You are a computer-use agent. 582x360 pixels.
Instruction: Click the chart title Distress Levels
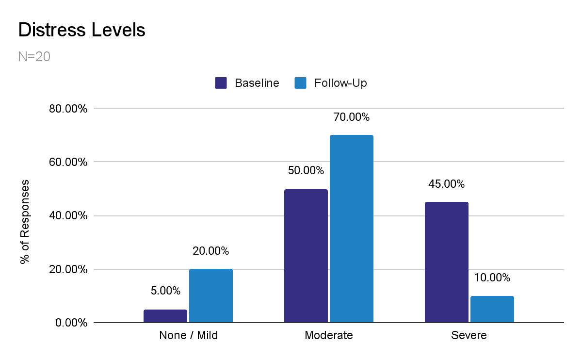(x=81, y=31)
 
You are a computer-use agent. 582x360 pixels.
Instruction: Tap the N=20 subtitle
(x=34, y=57)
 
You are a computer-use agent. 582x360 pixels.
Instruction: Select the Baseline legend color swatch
(x=221, y=83)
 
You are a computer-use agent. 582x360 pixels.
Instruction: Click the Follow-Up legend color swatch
(x=301, y=83)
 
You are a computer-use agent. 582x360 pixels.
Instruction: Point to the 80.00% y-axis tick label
(x=68, y=109)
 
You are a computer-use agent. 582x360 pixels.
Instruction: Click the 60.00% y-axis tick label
(x=68, y=162)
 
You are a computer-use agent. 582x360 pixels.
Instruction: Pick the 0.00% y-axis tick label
(x=71, y=323)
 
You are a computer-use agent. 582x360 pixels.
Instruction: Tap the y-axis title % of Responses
(x=25, y=222)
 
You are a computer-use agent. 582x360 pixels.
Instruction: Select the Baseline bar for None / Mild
(x=165, y=316)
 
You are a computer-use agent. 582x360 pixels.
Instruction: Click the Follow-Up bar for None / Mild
(x=211, y=295)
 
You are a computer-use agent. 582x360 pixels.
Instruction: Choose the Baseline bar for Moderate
(x=306, y=256)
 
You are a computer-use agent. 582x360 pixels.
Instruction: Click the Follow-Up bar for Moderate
(x=352, y=229)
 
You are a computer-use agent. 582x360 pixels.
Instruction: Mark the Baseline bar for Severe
(x=447, y=262)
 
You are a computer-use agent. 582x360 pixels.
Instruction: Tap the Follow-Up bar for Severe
(x=492, y=309)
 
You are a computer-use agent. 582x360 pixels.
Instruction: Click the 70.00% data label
(x=351, y=117)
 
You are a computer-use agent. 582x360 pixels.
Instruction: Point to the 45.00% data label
(x=446, y=184)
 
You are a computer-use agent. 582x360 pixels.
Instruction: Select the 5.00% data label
(x=165, y=291)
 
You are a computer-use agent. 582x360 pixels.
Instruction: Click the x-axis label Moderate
(x=329, y=335)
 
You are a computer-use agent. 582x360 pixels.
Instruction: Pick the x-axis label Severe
(x=469, y=335)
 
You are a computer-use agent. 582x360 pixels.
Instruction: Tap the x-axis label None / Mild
(x=189, y=335)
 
